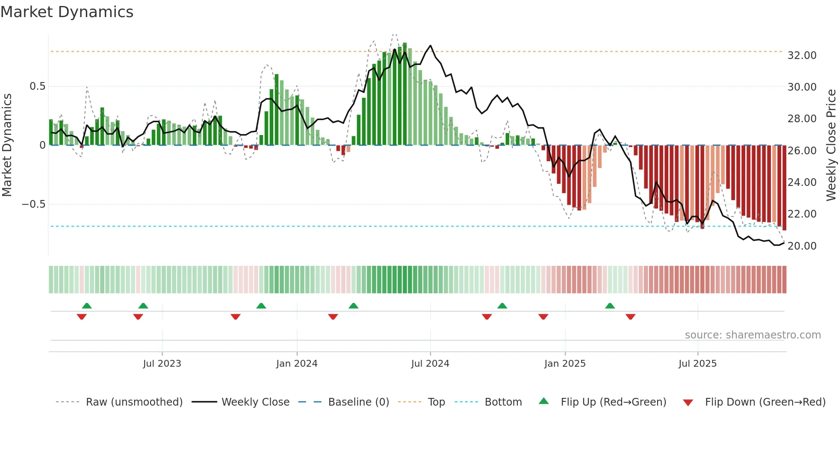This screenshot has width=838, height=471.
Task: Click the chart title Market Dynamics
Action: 67,12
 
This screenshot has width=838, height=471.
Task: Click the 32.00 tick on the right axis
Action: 802,56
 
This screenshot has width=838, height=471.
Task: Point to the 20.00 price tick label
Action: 802,246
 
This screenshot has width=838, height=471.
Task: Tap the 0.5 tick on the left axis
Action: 37,86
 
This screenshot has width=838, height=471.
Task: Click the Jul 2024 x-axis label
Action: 430,364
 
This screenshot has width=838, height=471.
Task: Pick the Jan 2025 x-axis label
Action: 565,364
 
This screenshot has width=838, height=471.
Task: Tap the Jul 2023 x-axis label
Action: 162,364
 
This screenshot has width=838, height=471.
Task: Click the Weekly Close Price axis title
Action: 831,145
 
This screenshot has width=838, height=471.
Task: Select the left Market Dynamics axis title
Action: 7,145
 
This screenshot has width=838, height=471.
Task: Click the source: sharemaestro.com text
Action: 752,335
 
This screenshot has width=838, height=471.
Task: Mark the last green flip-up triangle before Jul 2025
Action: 610,306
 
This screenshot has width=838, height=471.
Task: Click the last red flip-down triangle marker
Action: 630,317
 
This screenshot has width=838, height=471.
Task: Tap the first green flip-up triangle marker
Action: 87,306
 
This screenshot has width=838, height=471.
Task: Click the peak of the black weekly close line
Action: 430,46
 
